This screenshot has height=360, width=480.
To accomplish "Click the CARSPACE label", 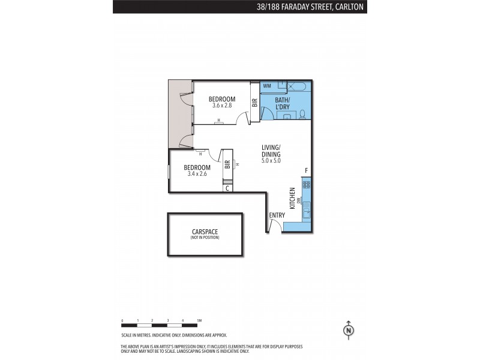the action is pyautogui.click(x=205, y=232).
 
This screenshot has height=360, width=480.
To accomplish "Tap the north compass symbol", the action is pyautogui.click(x=349, y=331).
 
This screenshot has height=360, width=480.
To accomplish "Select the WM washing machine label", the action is pyautogui.click(x=267, y=86).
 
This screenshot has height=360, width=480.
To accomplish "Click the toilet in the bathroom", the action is pyautogui.click(x=302, y=114).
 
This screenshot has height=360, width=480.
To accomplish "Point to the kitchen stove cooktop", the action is pyautogui.click(x=307, y=185).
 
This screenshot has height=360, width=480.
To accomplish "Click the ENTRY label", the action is pyautogui.click(x=277, y=215).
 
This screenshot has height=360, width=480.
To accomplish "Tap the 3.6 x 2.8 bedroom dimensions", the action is pyautogui.click(x=222, y=106).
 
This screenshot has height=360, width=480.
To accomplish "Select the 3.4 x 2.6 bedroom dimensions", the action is pyautogui.click(x=197, y=174).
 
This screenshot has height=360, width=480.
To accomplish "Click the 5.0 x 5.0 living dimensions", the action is pyautogui.click(x=271, y=160).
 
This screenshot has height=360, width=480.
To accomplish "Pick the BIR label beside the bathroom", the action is pyautogui.click(x=254, y=102).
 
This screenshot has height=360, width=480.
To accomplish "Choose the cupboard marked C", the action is pyautogui.click(x=227, y=188).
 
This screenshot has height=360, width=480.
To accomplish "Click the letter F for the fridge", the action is pyautogui.click(x=306, y=170).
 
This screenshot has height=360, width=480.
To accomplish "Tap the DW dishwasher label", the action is pyautogui.click(x=299, y=201).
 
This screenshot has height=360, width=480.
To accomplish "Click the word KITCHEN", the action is pyautogui.click(x=292, y=199).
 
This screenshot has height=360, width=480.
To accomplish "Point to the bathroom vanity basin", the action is pyautogui.click(x=287, y=116).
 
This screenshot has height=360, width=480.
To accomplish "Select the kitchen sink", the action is pyautogui.click(x=307, y=210).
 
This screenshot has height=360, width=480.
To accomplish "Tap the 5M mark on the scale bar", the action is pyautogui.click(x=199, y=320).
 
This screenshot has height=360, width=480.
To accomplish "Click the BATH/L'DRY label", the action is pyautogui.click(x=282, y=103).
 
